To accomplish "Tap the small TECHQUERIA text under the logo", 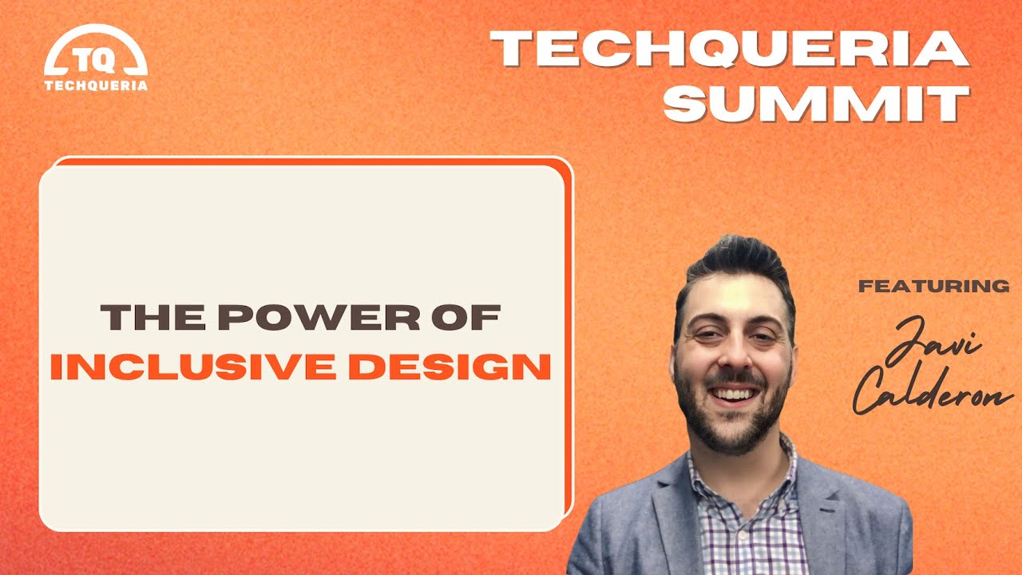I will [x=97, y=85].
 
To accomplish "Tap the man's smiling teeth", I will [x=733, y=393].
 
